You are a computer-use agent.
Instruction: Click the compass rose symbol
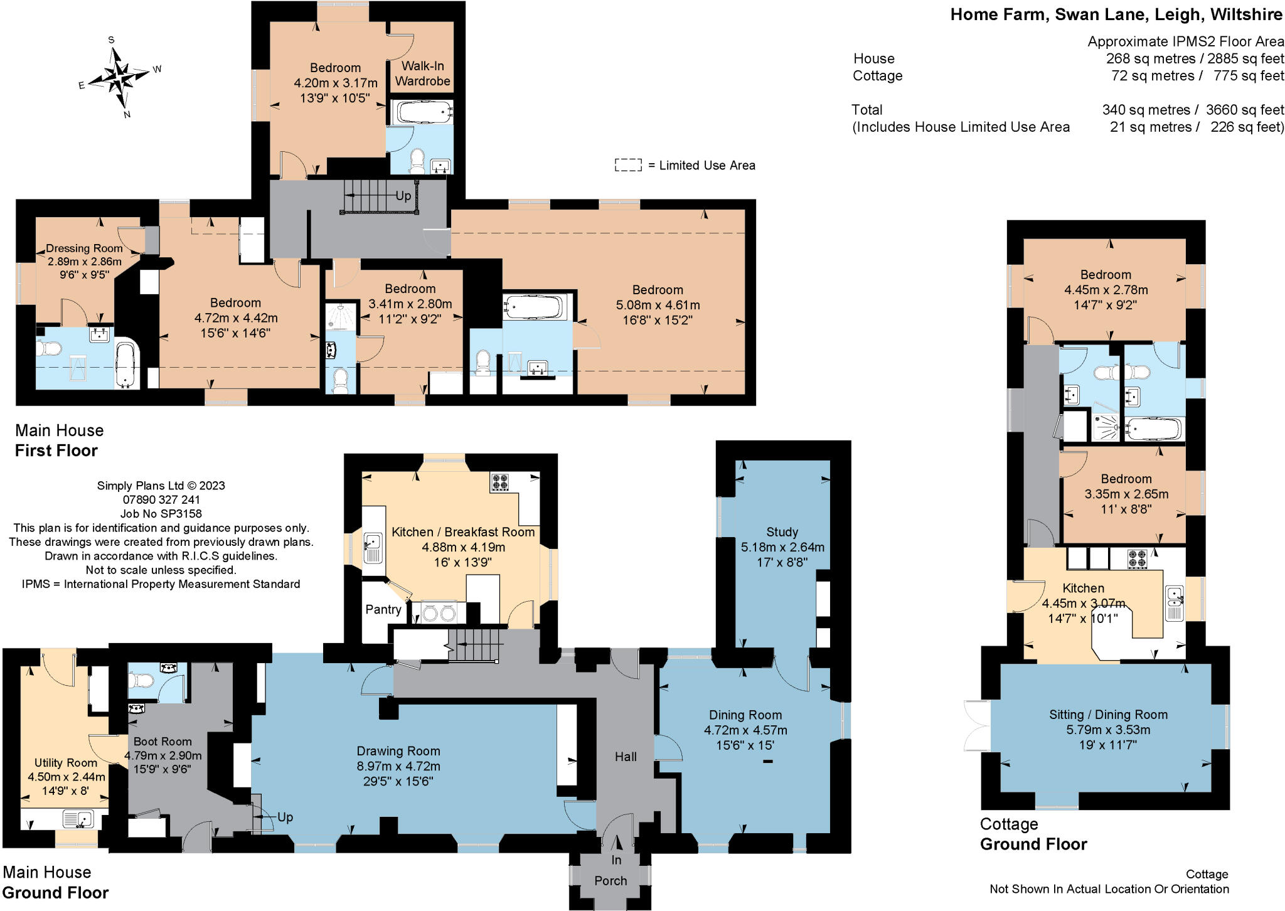[119, 77]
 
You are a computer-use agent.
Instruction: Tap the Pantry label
[383, 609]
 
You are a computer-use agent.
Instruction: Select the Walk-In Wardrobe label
[423, 73]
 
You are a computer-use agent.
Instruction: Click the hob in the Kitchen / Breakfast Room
[499, 482]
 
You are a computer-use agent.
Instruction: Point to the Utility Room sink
[78, 818]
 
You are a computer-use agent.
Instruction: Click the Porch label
[611, 880]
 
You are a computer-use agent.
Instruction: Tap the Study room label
[782, 532]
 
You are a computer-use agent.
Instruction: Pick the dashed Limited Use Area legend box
[628, 165]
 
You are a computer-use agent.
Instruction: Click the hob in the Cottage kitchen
[1138, 558]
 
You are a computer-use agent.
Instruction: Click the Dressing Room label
[84, 248]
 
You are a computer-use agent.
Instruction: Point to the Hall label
[626, 757]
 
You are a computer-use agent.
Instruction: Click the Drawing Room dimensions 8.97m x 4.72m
[398, 766]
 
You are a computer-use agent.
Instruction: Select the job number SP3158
[161, 513]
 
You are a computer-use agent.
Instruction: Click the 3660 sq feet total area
[1245, 110]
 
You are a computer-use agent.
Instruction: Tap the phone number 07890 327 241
[161, 499]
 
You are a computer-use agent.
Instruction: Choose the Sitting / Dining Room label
[1109, 715]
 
